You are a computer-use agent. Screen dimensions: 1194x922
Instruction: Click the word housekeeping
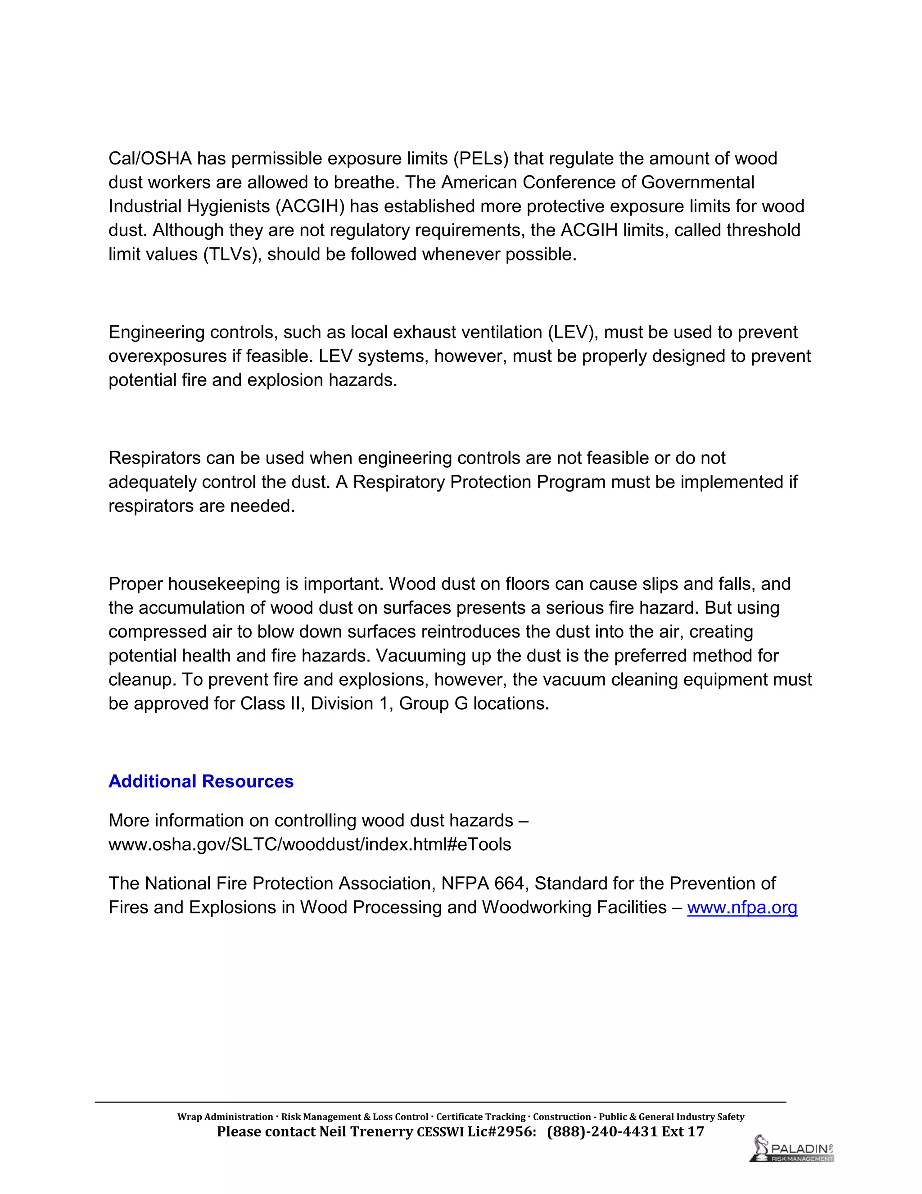pyautogui.click(x=223, y=584)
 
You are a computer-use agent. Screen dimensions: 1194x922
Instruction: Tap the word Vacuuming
pyautogui.click(x=422, y=656)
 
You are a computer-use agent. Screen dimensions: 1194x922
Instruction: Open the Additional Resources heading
pyautogui.click(x=201, y=781)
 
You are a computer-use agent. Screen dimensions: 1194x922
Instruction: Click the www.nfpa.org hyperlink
pyautogui.click(x=742, y=907)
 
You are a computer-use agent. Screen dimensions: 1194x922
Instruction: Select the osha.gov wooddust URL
pyautogui.click(x=310, y=845)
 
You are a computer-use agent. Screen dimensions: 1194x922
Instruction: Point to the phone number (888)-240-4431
pyautogui.click(x=602, y=1132)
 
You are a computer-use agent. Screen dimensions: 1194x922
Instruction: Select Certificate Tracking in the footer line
pyautogui.click(x=481, y=1117)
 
